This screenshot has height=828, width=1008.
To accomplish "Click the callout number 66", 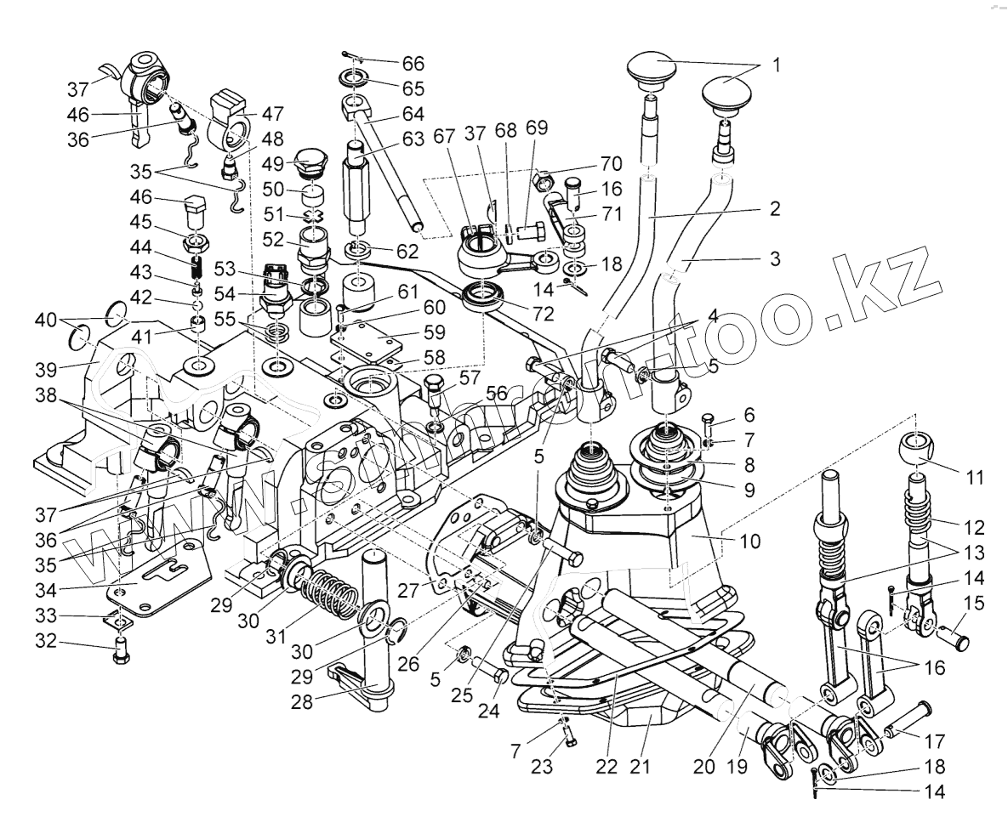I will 413,64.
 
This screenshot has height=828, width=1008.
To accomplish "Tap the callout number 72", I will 543,314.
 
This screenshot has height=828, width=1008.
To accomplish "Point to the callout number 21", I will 640,767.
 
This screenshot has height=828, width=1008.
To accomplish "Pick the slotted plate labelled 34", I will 162,578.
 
